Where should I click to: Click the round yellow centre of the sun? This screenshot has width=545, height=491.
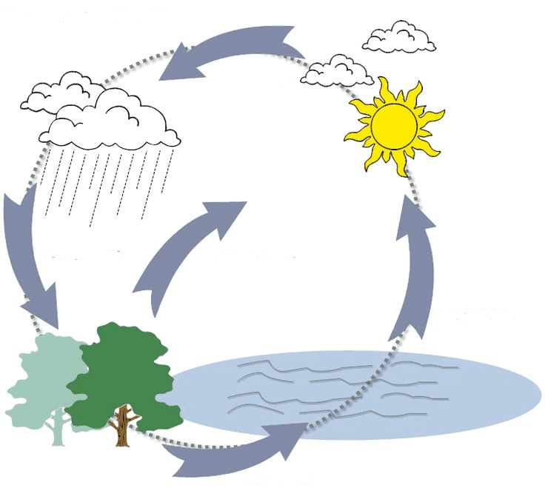click(392, 127)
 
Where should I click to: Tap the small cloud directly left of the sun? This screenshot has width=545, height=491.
click(336, 70)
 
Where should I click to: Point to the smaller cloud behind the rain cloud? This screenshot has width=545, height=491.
click(59, 93)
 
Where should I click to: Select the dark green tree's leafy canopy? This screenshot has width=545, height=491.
click(122, 367)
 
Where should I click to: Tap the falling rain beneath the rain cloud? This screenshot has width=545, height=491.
click(104, 181)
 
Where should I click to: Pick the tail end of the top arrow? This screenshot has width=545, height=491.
click(292, 41)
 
